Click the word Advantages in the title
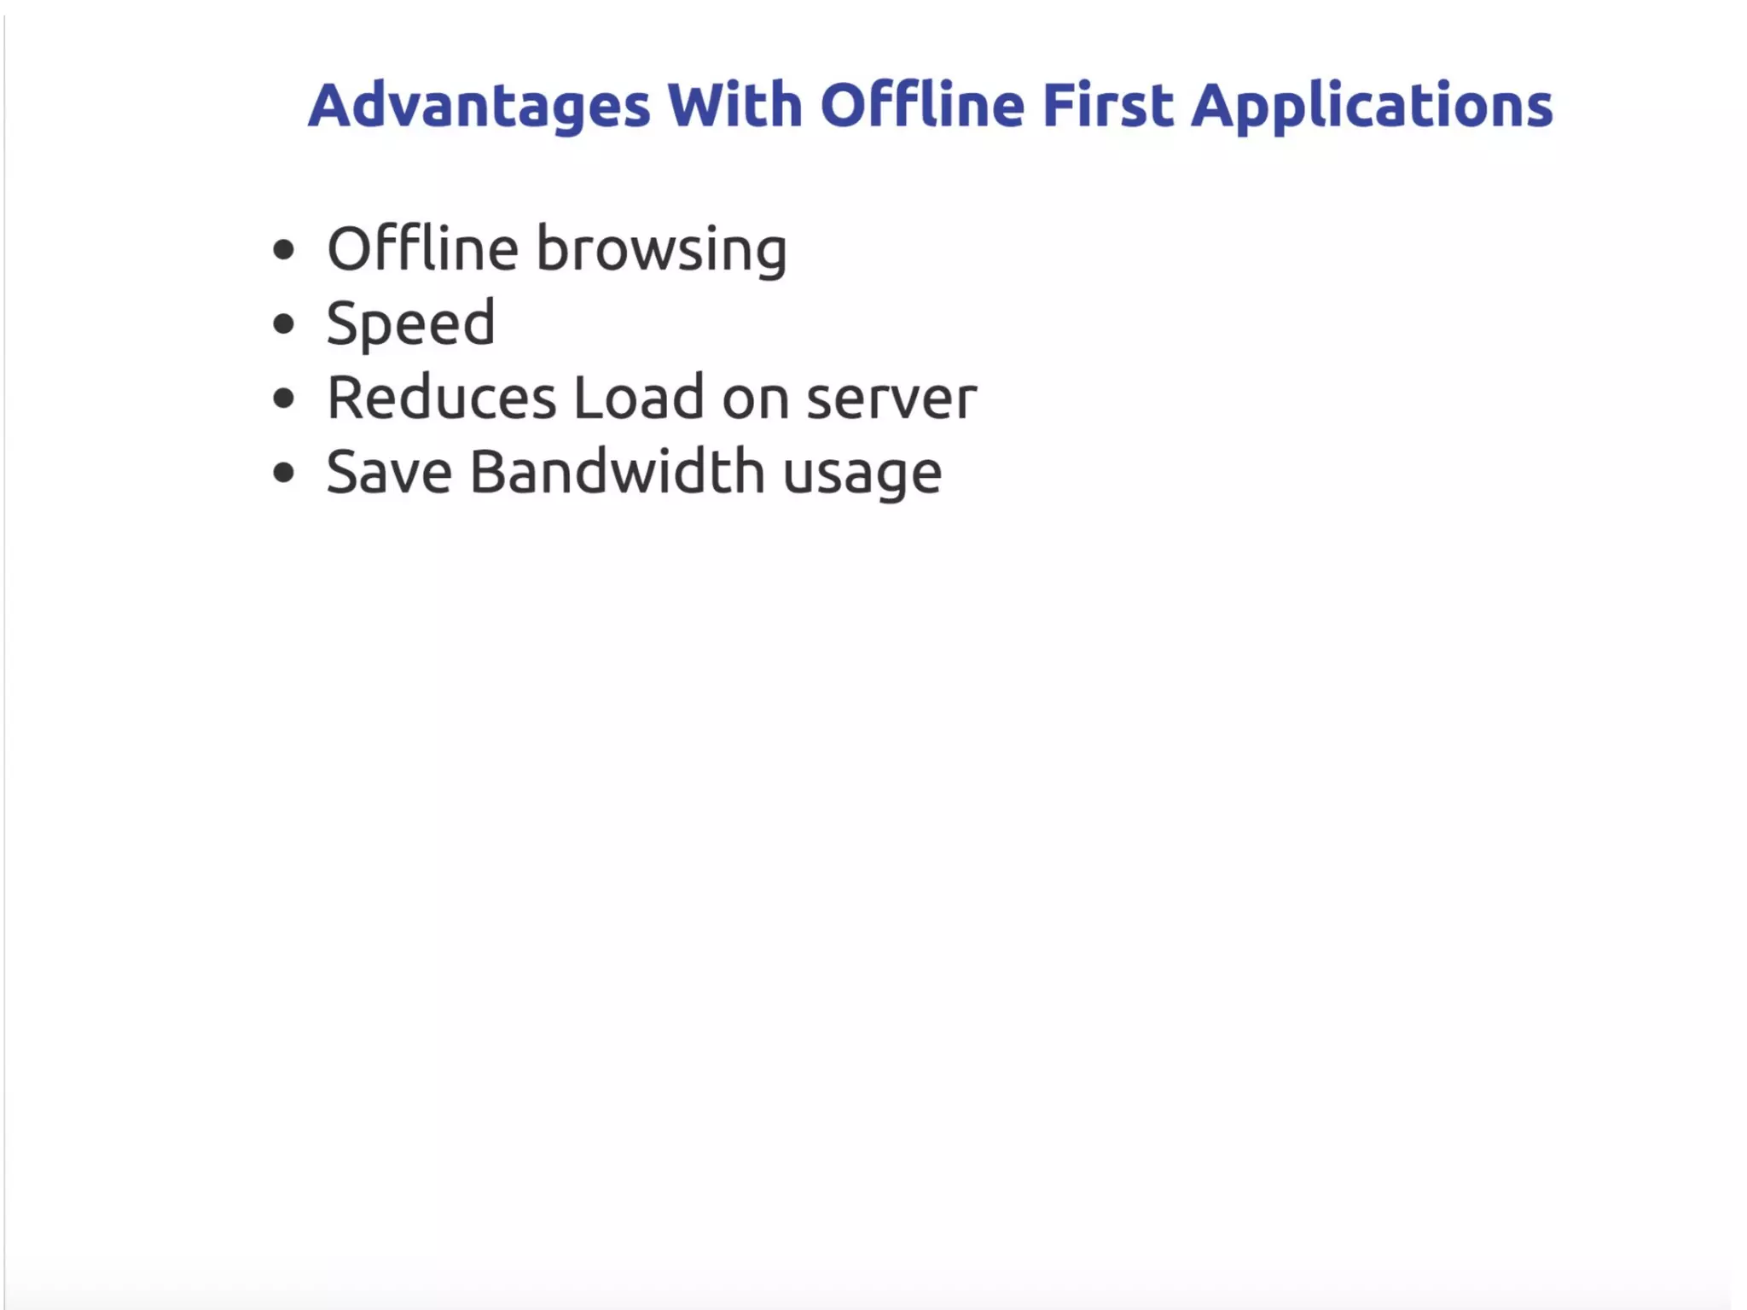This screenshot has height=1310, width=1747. coord(479,106)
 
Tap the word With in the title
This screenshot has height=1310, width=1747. coord(734,106)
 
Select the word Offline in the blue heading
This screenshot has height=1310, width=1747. coord(921,106)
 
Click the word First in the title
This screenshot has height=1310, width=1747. coord(1107,106)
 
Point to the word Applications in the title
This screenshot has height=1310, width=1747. coord(1372,106)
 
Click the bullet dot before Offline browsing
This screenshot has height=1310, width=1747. coord(283,250)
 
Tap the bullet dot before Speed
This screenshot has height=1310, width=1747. coord(283,324)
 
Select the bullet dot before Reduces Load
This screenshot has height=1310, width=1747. coord(283,399)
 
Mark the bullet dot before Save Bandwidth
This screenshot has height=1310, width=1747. coord(283,473)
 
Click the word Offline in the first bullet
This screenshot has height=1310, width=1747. coord(422,249)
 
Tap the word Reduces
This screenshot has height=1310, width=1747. coord(441,399)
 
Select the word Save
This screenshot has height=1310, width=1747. coord(389,473)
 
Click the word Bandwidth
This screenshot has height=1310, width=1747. coord(617,473)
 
